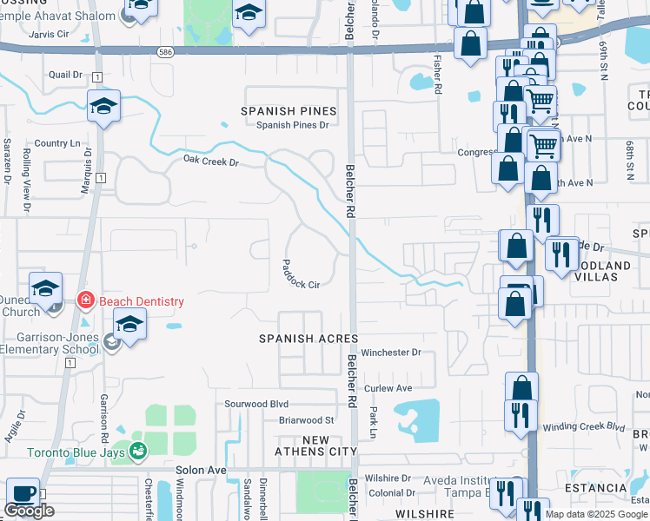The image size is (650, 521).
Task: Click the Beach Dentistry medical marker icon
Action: pos(85,301)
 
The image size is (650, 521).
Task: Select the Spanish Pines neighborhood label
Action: pos(289,111)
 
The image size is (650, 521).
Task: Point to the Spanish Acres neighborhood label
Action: pos(308,338)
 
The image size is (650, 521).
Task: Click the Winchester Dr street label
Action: pos(391,353)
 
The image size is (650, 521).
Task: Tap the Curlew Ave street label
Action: pos(388,388)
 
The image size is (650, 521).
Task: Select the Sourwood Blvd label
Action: pos(256,404)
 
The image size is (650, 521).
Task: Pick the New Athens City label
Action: pos(315,446)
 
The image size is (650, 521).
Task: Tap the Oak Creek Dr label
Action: pos(210,161)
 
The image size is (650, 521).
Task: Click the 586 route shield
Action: pos(165,52)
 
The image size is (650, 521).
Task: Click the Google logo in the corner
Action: pos(29,511)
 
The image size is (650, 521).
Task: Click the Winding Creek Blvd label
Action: pos(584,427)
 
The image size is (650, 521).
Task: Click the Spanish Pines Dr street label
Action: pos(293,125)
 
